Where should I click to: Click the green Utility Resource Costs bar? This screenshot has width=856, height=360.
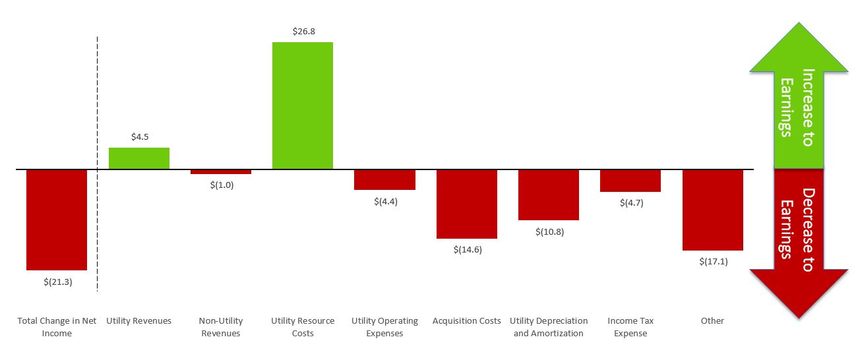click(x=303, y=105)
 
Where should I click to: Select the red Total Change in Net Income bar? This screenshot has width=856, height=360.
click(x=57, y=220)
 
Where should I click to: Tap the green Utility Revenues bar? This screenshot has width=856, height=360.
click(x=139, y=158)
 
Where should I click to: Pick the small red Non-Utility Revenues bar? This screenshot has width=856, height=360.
click(x=221, y=171)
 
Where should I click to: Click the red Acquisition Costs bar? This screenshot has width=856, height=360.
click(x=467, y=204)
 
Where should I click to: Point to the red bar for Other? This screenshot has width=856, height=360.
click(x=712, y=210)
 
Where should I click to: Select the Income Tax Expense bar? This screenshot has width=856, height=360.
click(x=630, y=181)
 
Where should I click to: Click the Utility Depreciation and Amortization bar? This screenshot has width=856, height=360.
click(x=549, y=195)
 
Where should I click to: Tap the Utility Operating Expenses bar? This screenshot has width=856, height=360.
click(x=384, y=179)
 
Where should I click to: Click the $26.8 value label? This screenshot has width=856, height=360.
click(x=303, y=31)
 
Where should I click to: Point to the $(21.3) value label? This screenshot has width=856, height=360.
click(x=57, y=282)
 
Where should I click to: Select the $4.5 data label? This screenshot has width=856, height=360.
click(x=139, y=137)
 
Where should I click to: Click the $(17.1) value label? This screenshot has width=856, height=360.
click(x=713, y=262)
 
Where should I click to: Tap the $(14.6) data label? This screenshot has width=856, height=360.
click(x=468, y=250)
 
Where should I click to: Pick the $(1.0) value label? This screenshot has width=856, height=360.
click(x=222, y=185)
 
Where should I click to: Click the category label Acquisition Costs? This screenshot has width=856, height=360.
click(x=467, y=321)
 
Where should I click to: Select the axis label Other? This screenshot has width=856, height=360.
click(x=712, y=321)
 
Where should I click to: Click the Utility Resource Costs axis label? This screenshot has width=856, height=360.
click(x=303, y=327)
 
